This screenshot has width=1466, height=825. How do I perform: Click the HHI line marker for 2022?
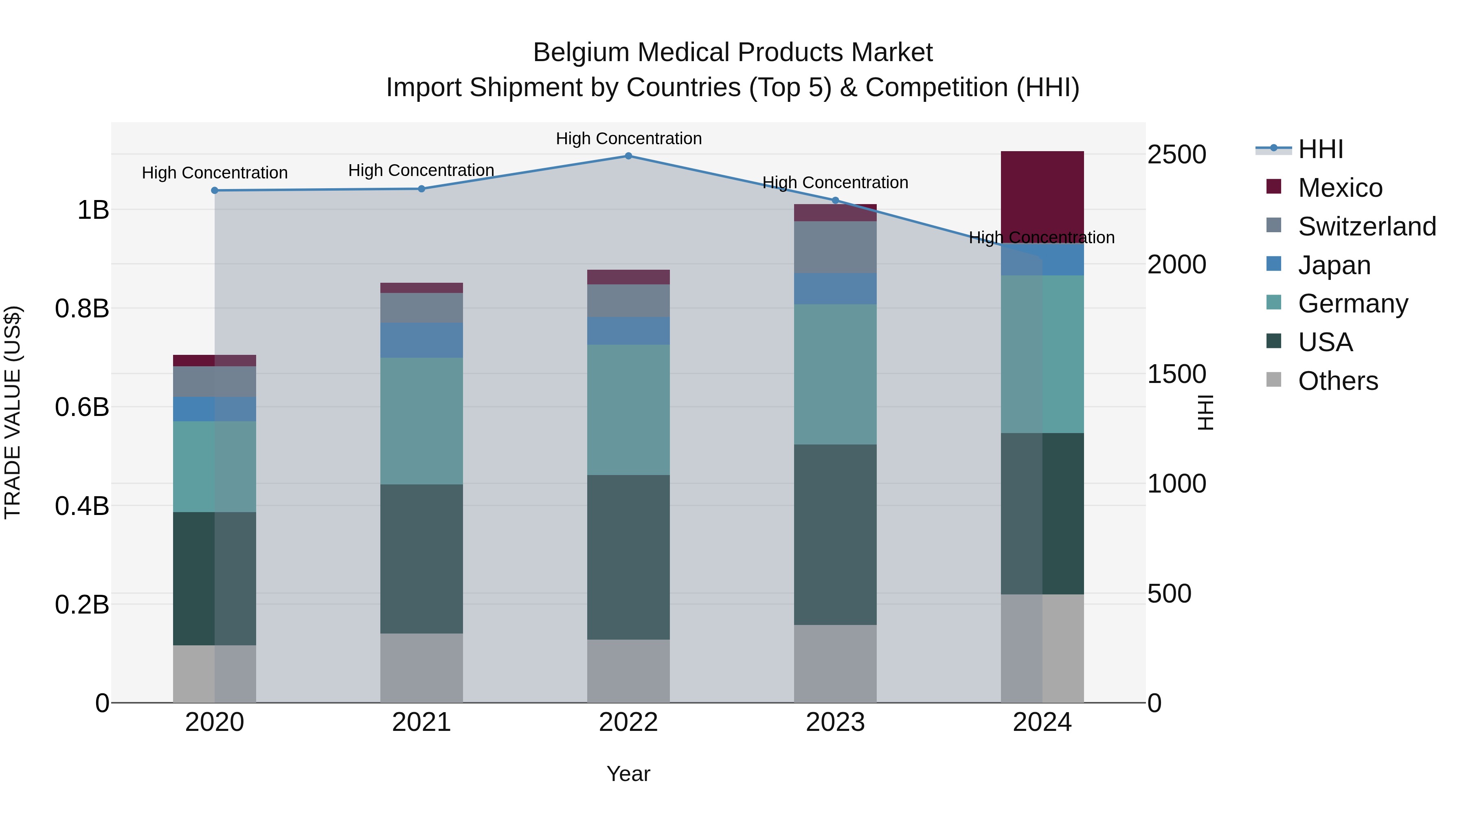(628, 156)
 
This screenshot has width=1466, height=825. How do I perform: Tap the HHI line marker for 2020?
(215, 191)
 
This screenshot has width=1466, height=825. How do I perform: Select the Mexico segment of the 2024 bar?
(1042, 196)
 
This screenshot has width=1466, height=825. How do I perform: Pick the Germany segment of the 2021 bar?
(421, 421)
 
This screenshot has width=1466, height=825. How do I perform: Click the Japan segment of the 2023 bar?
(835, 289)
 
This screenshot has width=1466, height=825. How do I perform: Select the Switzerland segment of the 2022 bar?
(628, 301)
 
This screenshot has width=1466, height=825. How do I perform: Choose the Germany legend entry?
(1352, 304)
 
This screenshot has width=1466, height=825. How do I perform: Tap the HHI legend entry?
(1320, 149)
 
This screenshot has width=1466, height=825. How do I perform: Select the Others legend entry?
(1337, 381)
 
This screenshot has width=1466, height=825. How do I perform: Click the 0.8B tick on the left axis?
(82, 308)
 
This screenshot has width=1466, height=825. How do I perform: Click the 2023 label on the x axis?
(835, 722)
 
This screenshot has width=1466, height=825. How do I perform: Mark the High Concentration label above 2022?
(628, 139)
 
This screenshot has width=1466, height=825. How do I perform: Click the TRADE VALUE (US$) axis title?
(13, 412)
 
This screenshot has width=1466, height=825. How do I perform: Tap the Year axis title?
(628, 774)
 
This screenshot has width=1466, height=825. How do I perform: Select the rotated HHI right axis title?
(1205, 412)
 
